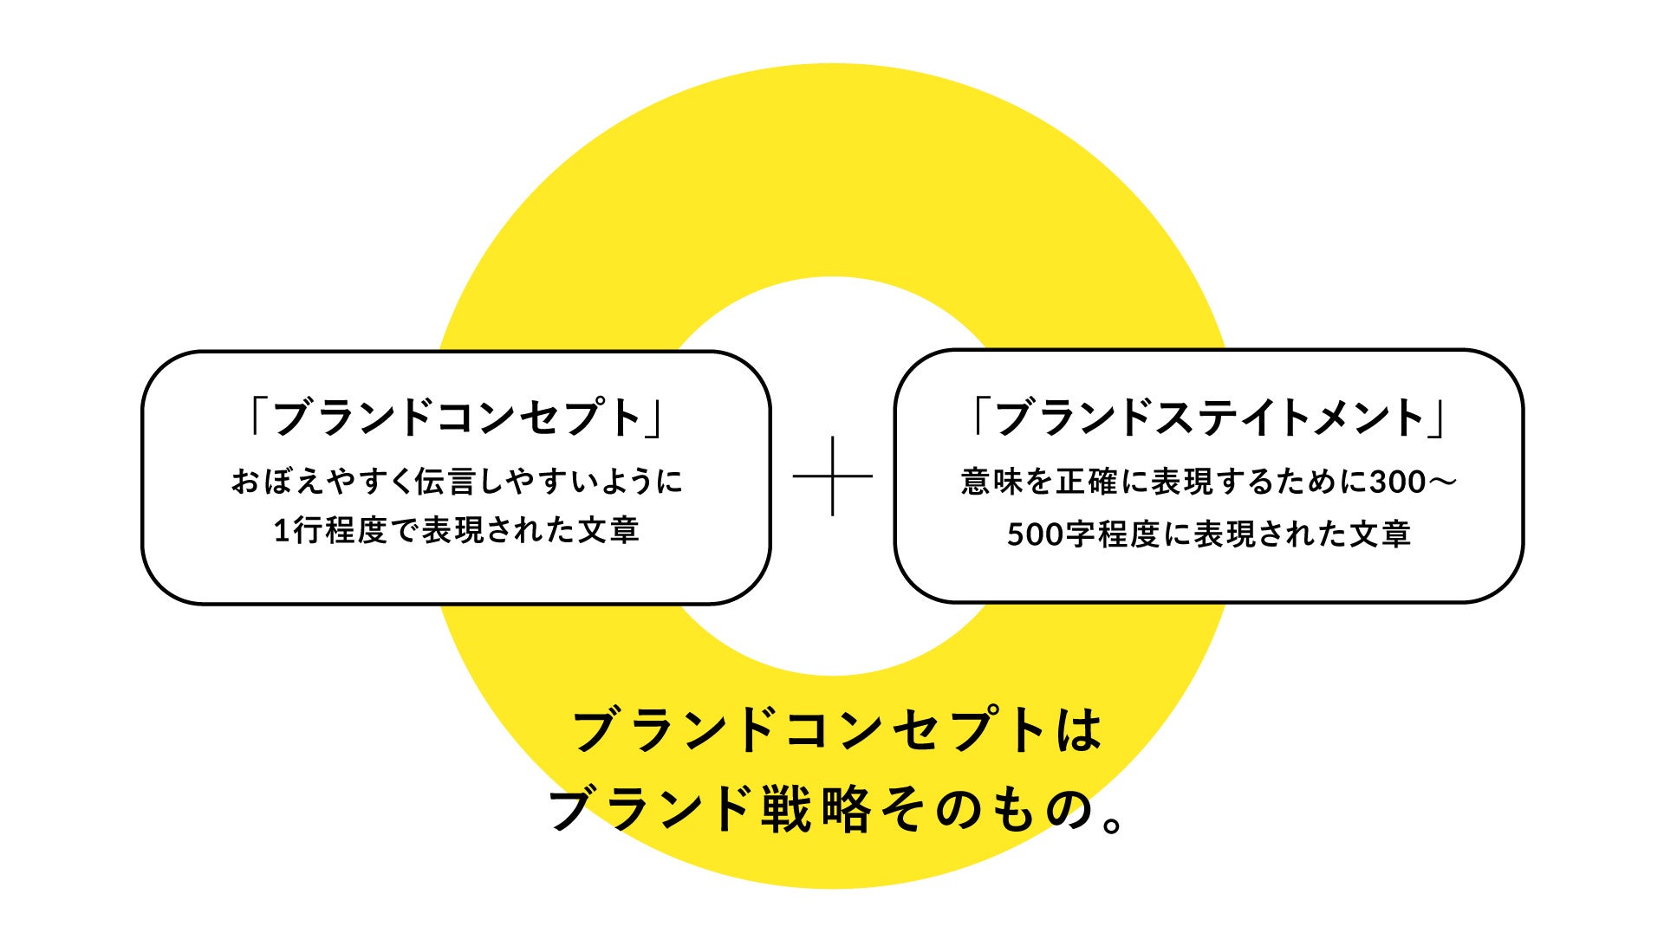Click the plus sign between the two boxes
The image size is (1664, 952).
click(x=832, y=476)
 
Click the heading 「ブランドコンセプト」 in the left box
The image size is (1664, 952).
click(x=456, y=418)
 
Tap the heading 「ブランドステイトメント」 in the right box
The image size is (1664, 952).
click(x=1209, y=418)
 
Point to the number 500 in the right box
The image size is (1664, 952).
click(x=1035, y=534)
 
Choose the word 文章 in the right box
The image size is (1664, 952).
click(x=1380, y=534)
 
